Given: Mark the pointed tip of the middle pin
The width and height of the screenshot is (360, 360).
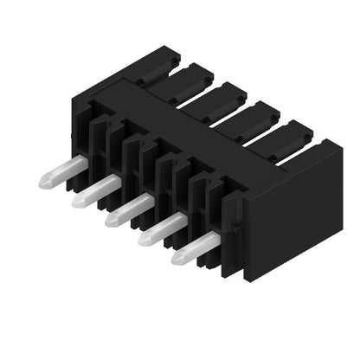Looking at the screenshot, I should click(110, 221).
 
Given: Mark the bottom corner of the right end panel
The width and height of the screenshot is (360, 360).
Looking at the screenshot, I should click(252, 279).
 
